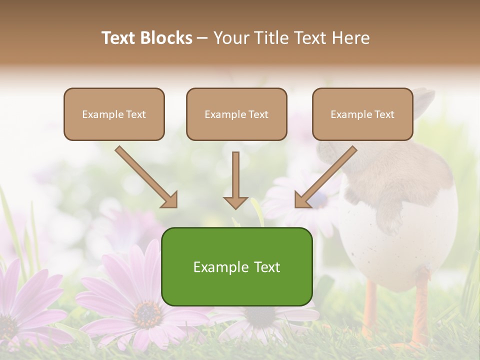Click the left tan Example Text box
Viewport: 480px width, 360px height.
point(114,114)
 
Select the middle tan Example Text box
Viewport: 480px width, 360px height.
point(236,114)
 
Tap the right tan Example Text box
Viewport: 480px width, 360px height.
point(362,114)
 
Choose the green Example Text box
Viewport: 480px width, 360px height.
point(236,266)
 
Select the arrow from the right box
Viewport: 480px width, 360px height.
point(325,177)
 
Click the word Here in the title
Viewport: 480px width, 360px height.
point(351,38)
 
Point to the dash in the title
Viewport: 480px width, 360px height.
point(203,38)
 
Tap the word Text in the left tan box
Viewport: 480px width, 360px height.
point(135,114)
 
